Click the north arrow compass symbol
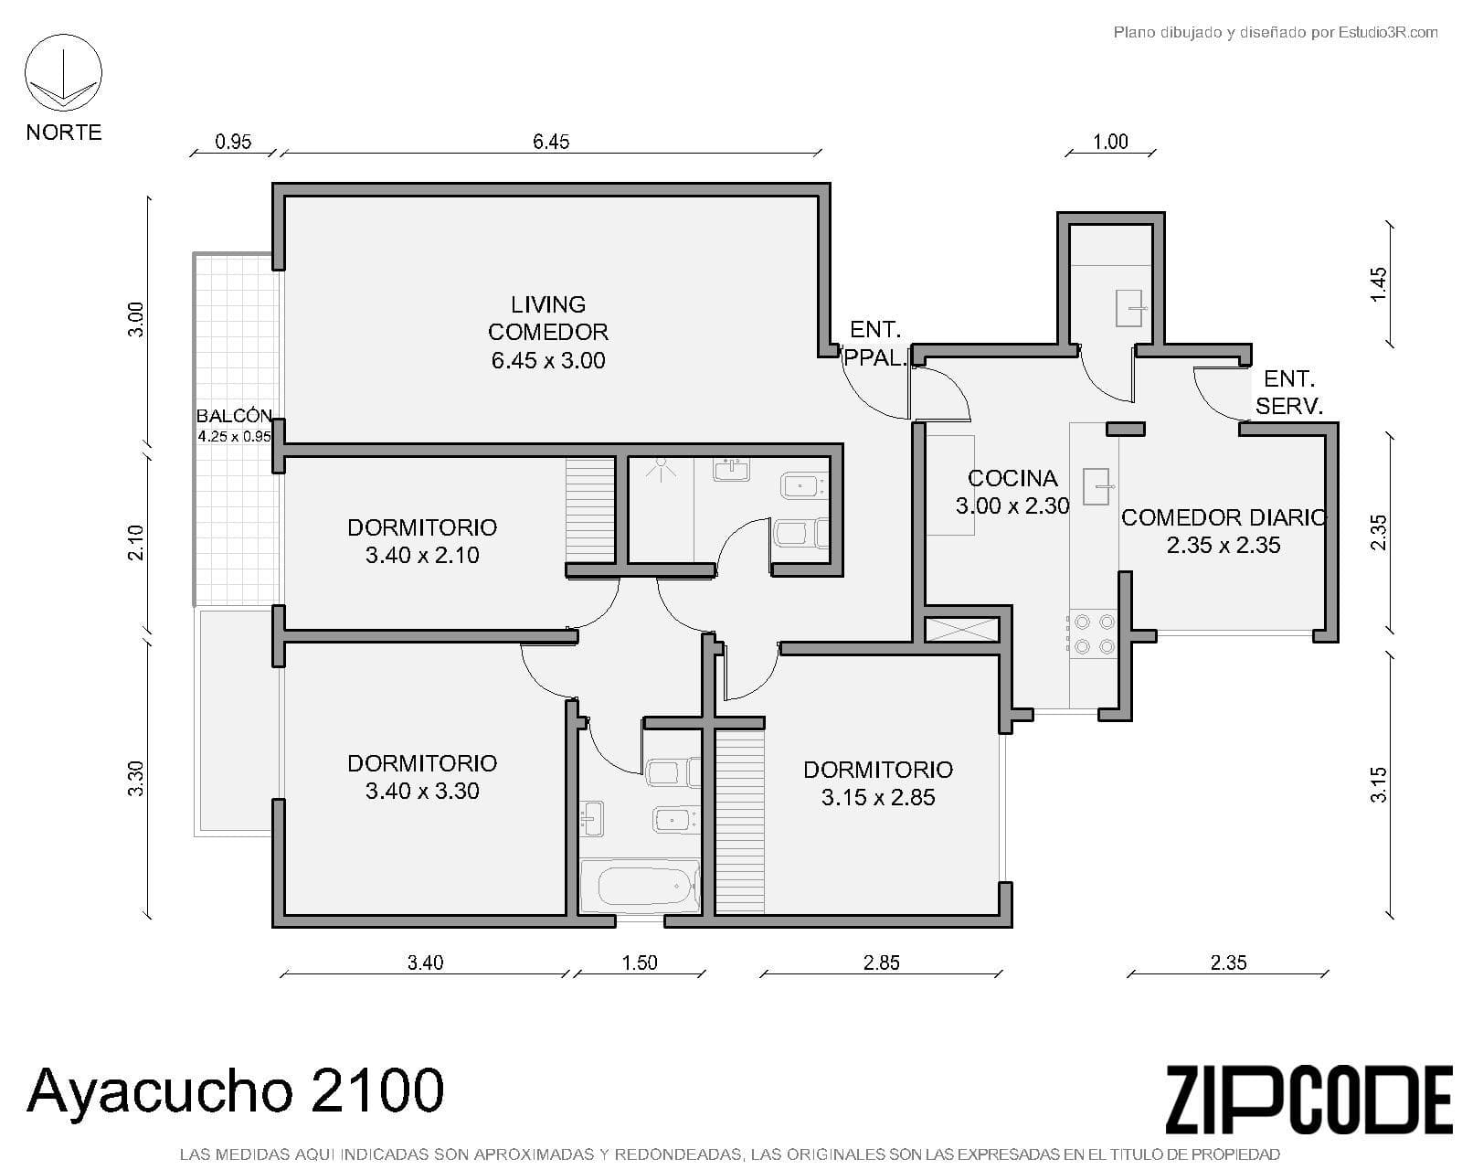[63, 73]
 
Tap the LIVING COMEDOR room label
[547, 332]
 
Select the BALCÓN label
[234, 415]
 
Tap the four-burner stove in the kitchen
[1094, 633]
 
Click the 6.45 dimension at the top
[550, 142]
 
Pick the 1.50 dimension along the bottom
[640, 963]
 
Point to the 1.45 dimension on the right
[1379, 285]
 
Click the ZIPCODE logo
[1309, 1100]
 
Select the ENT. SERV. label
[1288, 392]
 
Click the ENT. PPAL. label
[875, 344]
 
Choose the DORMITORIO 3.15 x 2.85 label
[878, 783]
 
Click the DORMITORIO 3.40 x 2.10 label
[422, 541]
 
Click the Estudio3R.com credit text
[1276, 32]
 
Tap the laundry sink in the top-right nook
[1129, 308]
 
